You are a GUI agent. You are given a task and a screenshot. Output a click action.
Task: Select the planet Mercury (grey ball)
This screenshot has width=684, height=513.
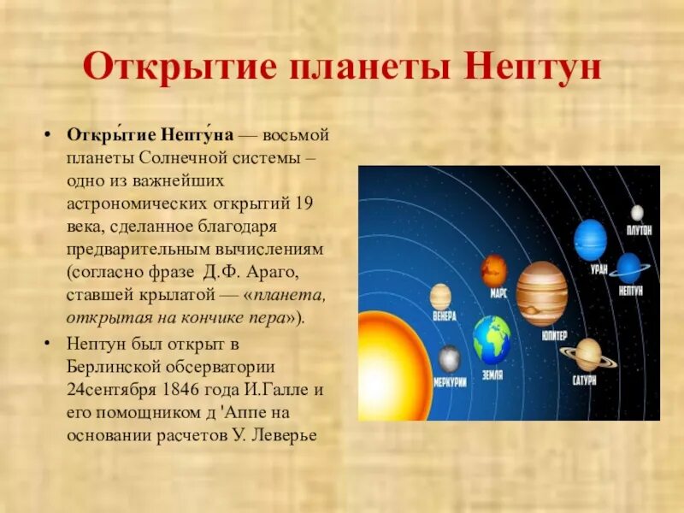pyautogui.click(x=449, y=358)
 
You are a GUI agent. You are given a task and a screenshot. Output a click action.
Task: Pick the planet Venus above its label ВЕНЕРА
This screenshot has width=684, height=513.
pyautogui.click(x=440, y=297)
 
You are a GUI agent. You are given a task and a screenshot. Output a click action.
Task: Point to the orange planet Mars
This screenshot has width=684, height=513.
pyautogui.click(x=494, y=271)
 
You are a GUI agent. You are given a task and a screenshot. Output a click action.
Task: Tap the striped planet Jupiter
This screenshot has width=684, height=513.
pyautogui.click(x=541, y=293)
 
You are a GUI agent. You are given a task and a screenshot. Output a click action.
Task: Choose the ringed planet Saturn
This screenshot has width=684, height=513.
pyautogui.click(x=588, y=353)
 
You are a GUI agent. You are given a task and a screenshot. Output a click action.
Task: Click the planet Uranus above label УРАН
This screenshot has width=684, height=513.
pyautogui.click(x=590, y=240)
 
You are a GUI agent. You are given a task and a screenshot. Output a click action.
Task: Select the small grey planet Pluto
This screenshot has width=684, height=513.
pyautogui.click(x=637, y=213)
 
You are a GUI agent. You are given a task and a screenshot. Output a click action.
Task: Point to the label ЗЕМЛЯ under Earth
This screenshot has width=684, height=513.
pyautogui.click(x=492, y=374)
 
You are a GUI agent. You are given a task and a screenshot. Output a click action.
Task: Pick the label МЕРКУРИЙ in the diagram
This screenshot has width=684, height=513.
pyautogui.click(x=450, y=381)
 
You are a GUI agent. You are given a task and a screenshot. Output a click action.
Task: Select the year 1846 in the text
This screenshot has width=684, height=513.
pyautogui.click(x=171, y=390)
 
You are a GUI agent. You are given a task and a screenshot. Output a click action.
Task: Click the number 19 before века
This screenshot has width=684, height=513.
pyautogui.click(x=305, y=205)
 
